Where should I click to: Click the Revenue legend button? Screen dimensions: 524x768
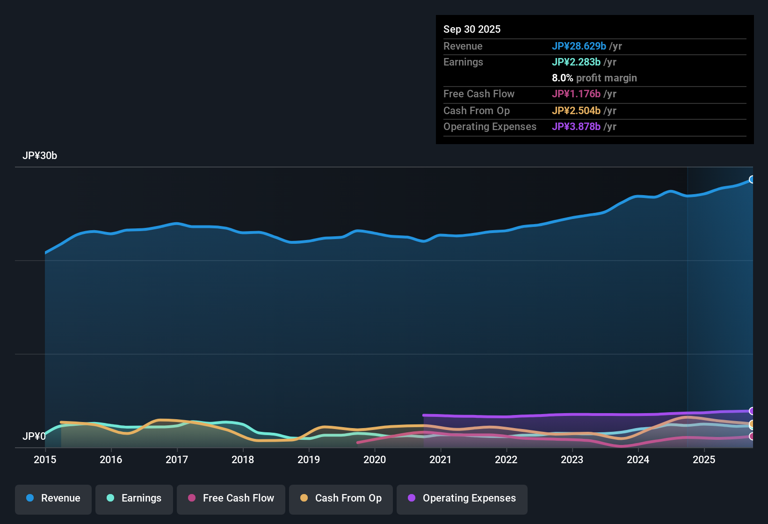pos(53,498)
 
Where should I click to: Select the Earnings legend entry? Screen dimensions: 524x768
pos(134,498)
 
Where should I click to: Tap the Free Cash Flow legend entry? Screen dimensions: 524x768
pos(231,498)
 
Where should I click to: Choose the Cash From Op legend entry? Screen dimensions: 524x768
pos(341,498)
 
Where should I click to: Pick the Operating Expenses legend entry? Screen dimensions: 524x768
pos(462,498)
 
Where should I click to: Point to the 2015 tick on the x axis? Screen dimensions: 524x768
pos(45,459)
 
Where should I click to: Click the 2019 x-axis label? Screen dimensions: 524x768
pos(309,459)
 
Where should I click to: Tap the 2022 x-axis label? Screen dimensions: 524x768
pos(506,459)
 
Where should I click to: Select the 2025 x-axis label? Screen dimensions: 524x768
pos(704,459)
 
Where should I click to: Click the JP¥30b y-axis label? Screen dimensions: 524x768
pos(40,156)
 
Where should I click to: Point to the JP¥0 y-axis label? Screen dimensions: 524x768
pos(34,437)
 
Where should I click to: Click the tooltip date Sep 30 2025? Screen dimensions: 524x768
pos(472,29)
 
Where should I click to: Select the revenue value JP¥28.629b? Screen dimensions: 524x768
pos(579,46)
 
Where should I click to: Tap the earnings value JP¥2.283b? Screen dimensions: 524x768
pos(576,62)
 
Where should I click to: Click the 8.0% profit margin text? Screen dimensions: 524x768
pos(594,78)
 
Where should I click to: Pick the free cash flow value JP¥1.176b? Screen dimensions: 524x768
pos(576,94)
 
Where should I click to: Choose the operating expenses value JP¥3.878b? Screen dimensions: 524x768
pos(576,126)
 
